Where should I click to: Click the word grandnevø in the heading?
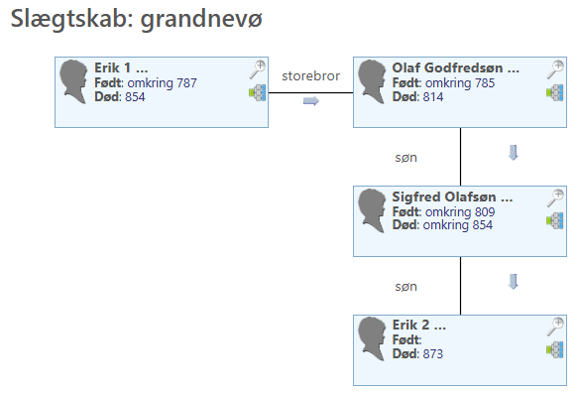(201, 19)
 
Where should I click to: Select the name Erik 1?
(112, 67)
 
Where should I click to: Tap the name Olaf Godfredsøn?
(447, 67)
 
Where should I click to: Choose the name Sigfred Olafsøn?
(444, 197)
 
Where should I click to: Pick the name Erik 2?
(410, 325)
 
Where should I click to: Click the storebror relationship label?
(310, 75)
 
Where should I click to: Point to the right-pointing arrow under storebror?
(311, 101)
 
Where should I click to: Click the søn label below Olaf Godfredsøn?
(405, 158)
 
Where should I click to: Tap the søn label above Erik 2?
(405, 287)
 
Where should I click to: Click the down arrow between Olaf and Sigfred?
(514, 152)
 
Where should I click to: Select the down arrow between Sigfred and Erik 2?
(514, 282)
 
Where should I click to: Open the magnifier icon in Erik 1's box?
(258, 69)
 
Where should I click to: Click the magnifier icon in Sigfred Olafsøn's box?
(555, 198)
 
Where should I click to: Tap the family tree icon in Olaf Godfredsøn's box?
(555, 93)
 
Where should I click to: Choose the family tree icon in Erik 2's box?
(555, 349)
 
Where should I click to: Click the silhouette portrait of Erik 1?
(74, 82)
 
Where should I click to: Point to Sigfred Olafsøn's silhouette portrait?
(372, 210)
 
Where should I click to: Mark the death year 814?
(433, 97)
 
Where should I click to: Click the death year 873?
(433, 354)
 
